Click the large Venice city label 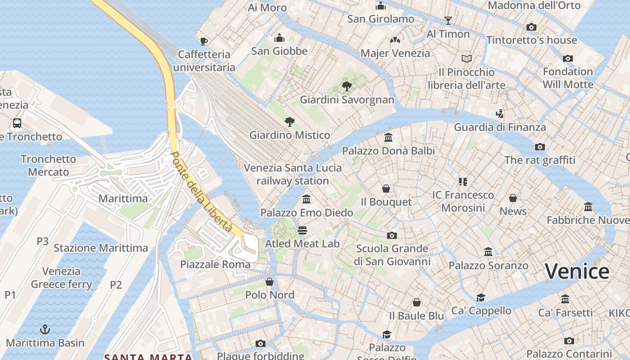coord(577,271)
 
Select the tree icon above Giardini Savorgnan coord(346,86)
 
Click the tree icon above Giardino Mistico coord(290,121)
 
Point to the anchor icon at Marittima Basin coord(45,329)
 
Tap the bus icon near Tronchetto coord(17,123)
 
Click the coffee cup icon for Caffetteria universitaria coord(204,41)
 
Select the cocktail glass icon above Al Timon coord(448,20)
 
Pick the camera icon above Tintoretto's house coord(531,27)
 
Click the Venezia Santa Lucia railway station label coord(292,174)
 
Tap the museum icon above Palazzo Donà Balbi coord(388,137)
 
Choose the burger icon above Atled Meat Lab coord(302,230)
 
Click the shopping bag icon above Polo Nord coord(270,282)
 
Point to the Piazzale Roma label coord(215,264)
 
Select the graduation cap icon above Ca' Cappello coord(481,297)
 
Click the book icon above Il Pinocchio coord(467,58)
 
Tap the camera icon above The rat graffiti coord(540,147)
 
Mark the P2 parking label coord(116,284)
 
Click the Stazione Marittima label coord(101,248)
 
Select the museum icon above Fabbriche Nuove coord(588,207)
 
